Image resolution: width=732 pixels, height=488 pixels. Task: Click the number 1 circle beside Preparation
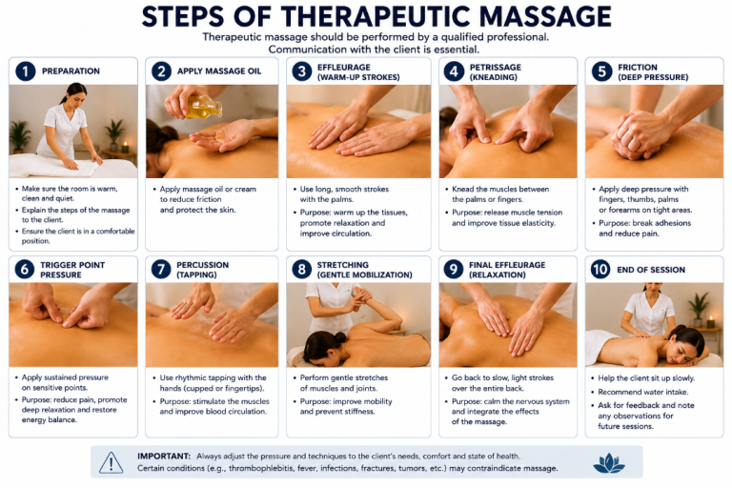point(25,71)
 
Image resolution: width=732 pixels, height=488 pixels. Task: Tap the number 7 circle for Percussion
point(161,270)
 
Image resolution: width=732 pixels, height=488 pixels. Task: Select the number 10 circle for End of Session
point(600,270)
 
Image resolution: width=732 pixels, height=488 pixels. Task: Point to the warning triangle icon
point(112,462)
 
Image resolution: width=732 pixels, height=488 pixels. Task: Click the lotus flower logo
point(609,462)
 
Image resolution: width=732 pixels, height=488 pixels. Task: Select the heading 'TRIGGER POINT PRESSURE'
point(72,270)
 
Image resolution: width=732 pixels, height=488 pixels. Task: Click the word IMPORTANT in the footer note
point(164,457)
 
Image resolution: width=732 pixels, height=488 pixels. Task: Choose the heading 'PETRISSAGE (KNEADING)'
point(496,71)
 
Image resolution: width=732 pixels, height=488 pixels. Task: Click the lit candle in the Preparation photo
point(125,147)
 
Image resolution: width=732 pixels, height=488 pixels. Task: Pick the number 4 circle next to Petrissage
point(454,71)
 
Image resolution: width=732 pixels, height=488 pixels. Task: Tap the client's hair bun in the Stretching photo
point(340,336)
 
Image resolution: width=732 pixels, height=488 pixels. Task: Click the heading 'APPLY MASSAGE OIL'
point(219,71)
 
